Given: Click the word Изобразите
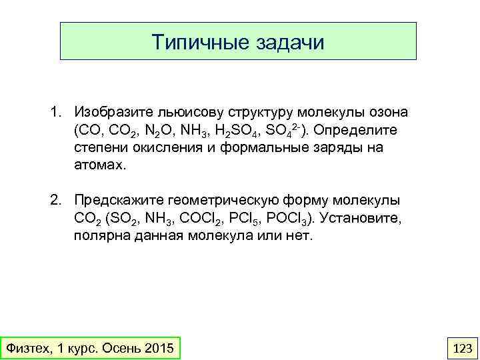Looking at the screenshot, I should coord(114,110).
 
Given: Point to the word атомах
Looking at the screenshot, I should coord(99,165).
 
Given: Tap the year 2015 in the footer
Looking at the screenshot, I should coord(157,348).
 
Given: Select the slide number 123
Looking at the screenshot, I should coord(462,348).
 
